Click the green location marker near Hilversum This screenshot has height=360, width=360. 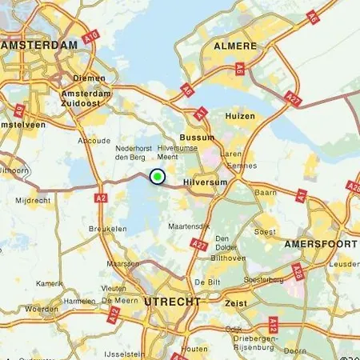pyautogui.click(x=158, y=177)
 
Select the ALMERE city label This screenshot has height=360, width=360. pyautogui.click(x=234, y=47)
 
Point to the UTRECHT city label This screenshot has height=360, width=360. pyautogui.click(x=172, y=301)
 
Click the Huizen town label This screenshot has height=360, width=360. pyautogui.click(x=239, y=117)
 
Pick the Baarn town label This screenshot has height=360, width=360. pyautogui.click(x=265, y=193)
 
